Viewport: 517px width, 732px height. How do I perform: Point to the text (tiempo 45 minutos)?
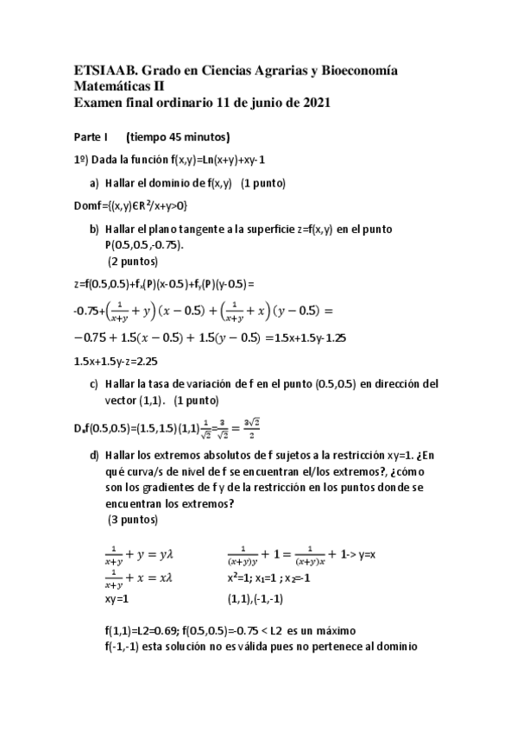pyautogui.click(x=177, y=136)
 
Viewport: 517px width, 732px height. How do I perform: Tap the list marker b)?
pyautogui.click(x=94, y=229)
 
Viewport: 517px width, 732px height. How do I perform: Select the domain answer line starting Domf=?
pyautogui.click(x=130, y=205)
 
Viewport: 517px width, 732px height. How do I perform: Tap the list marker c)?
pyautogui.click(x=94, y=385)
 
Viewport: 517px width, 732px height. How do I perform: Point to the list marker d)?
pyautogui.click(x=94, y=454)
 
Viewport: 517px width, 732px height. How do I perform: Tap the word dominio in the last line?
pyautogui.click(x=398, y=646)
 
